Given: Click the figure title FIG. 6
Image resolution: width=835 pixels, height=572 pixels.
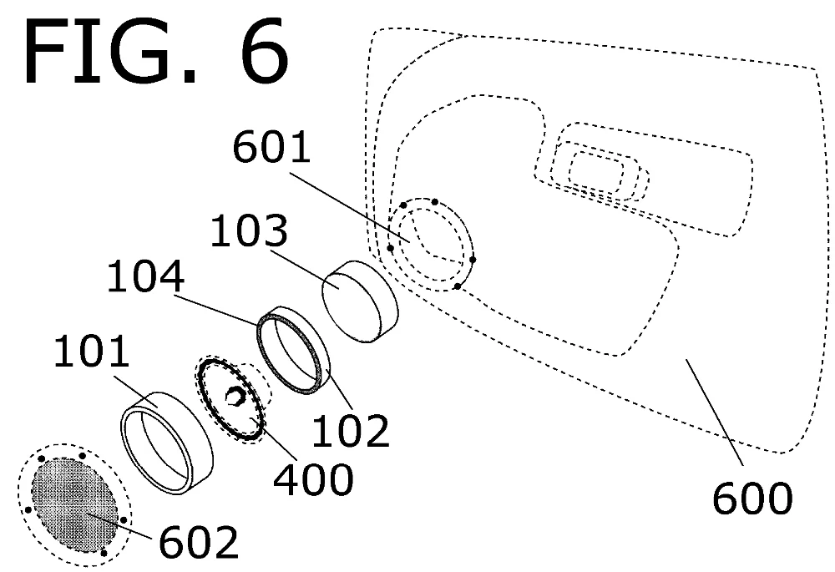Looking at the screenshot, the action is pyautogui.click(x=156, y=52).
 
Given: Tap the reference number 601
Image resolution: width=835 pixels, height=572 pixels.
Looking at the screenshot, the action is pyautogui.click(x=271, y=147).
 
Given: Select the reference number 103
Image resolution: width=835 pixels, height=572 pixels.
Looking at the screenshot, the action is pyautogui.click(x=249, y=230).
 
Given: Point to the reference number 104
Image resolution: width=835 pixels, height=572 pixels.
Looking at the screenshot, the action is pyautogui.click(x=145, y=276).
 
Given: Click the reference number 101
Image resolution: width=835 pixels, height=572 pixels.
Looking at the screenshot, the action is pyautogui.click(x=92, y=351).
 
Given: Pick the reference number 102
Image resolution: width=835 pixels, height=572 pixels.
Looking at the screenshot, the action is pyautogui.click(x=351, y=430).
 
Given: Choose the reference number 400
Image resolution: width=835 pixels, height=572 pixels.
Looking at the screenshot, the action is pyautogui.click(x=313, y=478).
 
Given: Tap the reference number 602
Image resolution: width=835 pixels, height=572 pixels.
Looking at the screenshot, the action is pyautogui.click(x=199, y=542).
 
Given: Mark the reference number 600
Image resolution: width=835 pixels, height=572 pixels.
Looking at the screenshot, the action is pyautogui.click(x=752, y=498).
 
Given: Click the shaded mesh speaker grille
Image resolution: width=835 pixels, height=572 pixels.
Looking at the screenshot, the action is pyautogui.click(x=74, y=504).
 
